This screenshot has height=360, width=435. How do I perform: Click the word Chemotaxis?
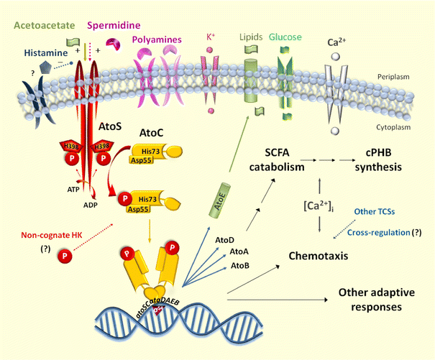pos(320,255)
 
